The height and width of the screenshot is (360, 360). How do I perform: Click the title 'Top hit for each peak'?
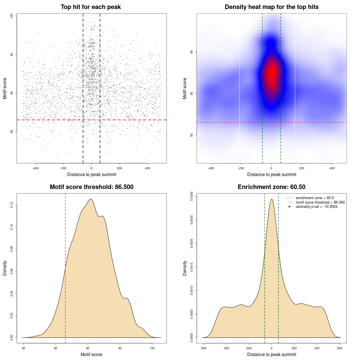91,7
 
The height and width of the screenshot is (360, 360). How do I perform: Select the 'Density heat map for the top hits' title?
271,7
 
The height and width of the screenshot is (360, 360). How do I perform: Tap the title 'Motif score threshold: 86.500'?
91,187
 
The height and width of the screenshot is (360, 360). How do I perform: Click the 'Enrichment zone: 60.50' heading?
271,187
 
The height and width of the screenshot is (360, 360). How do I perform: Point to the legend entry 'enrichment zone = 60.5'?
315,198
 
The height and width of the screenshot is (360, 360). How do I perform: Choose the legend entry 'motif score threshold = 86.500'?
320,202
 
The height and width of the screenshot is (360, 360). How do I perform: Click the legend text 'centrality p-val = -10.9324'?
316,207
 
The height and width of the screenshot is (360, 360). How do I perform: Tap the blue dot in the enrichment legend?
289,207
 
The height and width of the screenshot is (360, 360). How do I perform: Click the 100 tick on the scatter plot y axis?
12,16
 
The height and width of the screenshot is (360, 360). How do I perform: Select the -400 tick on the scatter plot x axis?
35,168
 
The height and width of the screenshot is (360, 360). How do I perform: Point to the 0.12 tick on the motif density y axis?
12,205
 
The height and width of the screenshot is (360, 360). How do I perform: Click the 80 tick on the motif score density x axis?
24,348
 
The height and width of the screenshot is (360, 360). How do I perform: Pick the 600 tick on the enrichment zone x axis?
340,348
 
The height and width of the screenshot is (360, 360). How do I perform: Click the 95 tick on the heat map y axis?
192,52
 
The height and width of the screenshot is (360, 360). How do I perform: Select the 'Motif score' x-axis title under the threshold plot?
91,354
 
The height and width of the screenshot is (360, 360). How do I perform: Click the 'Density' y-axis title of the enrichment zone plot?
185,268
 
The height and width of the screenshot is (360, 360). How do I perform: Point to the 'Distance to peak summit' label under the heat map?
272,174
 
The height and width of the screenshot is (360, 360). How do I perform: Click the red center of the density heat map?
272,75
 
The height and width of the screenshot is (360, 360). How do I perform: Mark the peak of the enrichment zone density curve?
271,199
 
